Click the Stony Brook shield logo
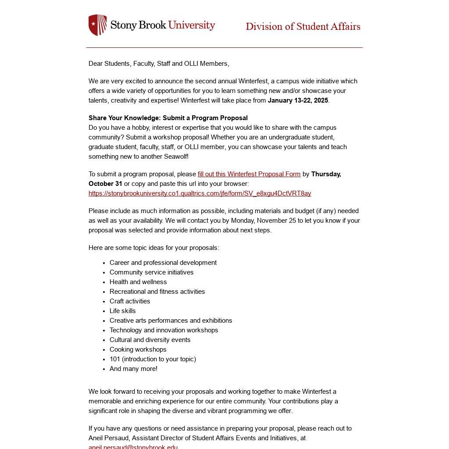pos(98,25)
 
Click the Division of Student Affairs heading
pos(303,27)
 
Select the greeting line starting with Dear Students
pos(159,64)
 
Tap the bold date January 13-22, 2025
pos(298,100)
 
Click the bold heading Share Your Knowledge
pos(168,118)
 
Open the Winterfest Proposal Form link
pos(249,174)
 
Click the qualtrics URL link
pos(200,193)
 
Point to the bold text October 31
pos(105,184)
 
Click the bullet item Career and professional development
pos(163,263)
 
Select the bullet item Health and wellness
pos(138,282)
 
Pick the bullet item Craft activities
pos(130,301)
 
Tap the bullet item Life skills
pos(122,311)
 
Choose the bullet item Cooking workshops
pos(138,349)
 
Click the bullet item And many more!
pos(133,369)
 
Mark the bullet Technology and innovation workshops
pos(164,330)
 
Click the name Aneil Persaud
pos(109,438)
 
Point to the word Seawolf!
pos(176,157)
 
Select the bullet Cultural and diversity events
pos(150,340)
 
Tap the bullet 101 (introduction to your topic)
pos(153,359)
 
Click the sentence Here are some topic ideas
pos(153,248)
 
